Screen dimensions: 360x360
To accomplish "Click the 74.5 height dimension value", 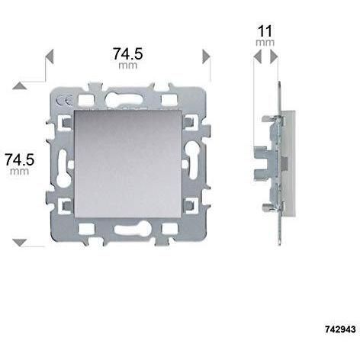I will point(21,159).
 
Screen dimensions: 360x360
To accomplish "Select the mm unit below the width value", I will point(128,67).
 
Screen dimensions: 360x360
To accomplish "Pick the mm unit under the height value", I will point(21,173).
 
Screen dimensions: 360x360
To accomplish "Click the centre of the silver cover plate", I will point(128,162).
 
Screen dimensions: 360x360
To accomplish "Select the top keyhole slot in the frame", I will point(127,98).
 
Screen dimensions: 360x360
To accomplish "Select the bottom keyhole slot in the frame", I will point(127,227).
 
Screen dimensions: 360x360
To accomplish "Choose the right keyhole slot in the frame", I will point(192,162).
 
